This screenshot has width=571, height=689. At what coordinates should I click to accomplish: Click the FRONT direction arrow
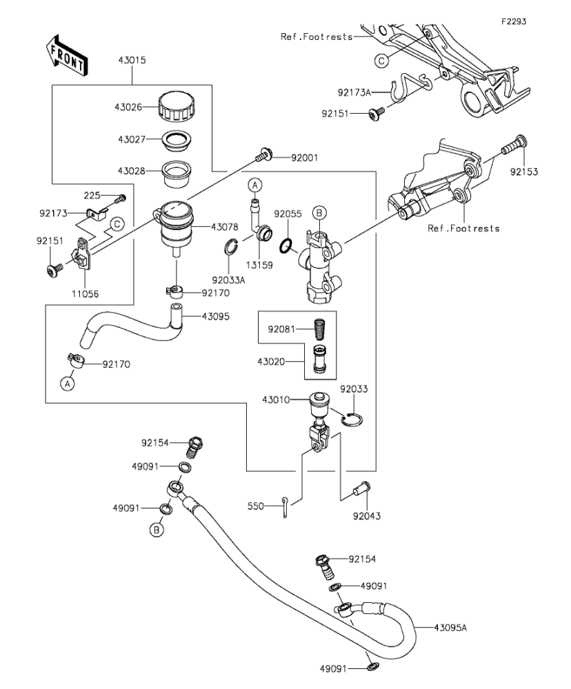coord(66,56)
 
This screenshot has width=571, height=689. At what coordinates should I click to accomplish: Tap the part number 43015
coord(132,60)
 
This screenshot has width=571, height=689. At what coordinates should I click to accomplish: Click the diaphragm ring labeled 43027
coord(177,139)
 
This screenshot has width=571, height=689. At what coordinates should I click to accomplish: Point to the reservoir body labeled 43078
coord(175,228)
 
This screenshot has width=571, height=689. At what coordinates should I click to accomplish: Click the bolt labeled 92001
coord(263,154)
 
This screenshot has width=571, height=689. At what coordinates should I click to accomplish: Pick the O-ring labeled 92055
coord(286,246)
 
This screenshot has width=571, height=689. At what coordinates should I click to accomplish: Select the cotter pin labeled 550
coord(285,507)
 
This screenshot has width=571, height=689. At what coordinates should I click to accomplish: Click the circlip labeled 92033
coord(353,420)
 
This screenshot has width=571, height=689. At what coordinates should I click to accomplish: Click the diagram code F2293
coord(514,21)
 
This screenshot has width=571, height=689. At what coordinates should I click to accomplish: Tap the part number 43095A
coord(450,628)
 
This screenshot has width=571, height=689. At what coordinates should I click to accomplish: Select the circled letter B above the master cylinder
coord(319,214)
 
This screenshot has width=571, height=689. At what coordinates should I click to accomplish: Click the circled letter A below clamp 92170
coord(68,384)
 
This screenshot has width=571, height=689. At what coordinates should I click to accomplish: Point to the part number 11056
coord(86,294)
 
